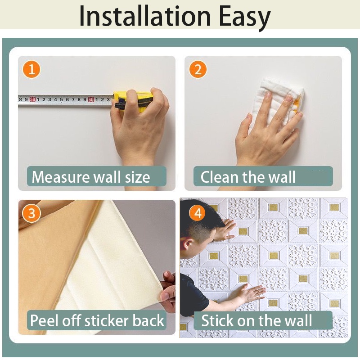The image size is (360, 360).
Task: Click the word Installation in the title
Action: click(145, 17)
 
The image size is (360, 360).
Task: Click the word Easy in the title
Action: click(245, 18)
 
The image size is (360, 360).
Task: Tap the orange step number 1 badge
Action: click(31, 69)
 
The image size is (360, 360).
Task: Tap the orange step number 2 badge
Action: click(198, 69)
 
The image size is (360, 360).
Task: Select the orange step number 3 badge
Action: click(31, 213)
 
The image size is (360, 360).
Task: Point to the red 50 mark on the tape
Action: click(32, 99)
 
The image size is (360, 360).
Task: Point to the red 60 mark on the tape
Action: click(91, 99)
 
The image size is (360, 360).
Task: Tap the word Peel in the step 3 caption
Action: click(44, 320)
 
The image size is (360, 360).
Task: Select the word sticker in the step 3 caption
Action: click(108, 320)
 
